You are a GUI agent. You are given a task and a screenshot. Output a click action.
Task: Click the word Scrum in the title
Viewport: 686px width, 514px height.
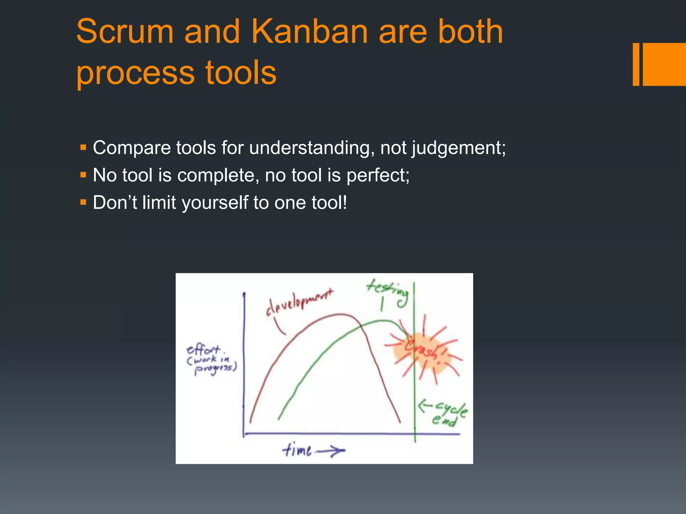tap(125, 32)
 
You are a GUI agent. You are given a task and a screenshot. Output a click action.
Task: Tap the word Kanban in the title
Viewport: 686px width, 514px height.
tap(310, 32)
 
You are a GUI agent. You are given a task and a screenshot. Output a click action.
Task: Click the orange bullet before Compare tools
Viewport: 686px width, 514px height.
tap(83, 147)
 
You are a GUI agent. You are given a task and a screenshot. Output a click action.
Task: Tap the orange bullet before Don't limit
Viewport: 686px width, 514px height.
tap(83, 202)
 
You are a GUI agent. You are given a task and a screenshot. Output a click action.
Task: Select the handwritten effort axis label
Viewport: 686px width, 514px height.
tap(211, 360)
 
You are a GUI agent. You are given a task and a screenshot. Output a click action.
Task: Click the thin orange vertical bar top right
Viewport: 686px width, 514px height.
tap(636, 64)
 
